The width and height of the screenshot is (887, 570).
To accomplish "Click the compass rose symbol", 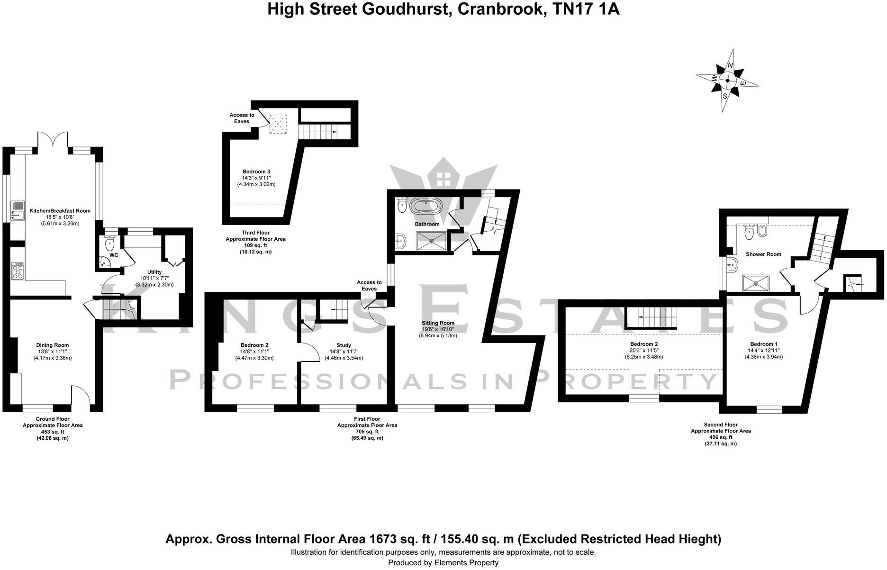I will pyautogui.click(x=727, y=80).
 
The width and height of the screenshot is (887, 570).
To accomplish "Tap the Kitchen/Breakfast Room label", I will pyautogui.click(x=60, y=211).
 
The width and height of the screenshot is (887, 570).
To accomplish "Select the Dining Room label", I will pyautogui.click(x=53, y=345).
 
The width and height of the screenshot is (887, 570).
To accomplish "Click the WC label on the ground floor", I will pyautogui.click(x=114, y=255).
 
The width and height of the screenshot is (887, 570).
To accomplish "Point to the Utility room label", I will pyautogui.click(x=154, y=272).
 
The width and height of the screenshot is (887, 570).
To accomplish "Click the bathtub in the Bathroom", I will pyautogui.click(x=425, y=207).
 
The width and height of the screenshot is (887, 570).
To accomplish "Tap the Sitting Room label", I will pyautogui.click(x=438, y=323).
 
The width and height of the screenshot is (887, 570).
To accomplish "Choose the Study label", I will pyautogui.click(x=344, y=345).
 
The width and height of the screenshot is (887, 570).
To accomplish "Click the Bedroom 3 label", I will pyautogui.click(x=256, y=172).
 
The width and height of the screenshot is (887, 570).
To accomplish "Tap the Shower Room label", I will pyautogui.click(x=763, y=254).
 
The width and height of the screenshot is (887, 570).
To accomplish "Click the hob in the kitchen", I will pyautogui.click(x=18, y=271).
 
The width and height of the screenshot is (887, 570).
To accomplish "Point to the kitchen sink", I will pyautogui.click(x=18, y=211).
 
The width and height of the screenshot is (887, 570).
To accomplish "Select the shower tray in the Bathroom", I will pyautogui.click(x=431, y=240).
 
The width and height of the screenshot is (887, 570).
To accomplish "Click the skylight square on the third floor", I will pyautogui.click(x=278, y=124).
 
